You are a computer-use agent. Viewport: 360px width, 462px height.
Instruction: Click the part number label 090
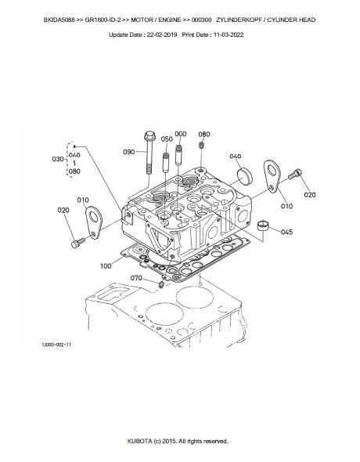(x=129, y=152)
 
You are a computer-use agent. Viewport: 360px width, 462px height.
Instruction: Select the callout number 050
(x=167, y=139)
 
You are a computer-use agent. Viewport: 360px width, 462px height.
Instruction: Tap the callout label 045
(x=287, y=232)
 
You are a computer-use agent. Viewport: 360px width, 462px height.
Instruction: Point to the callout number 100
(x=106, y=266)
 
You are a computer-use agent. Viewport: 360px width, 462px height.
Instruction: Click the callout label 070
(x=135, y=278)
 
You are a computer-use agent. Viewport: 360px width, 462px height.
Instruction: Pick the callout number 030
(x=58, y=159)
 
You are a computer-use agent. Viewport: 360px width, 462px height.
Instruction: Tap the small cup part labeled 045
(x=264, y=226)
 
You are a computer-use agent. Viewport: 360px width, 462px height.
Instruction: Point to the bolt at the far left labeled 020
(x=76, y=244)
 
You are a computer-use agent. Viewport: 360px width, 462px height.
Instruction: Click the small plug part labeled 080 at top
(x=203, y=146)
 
